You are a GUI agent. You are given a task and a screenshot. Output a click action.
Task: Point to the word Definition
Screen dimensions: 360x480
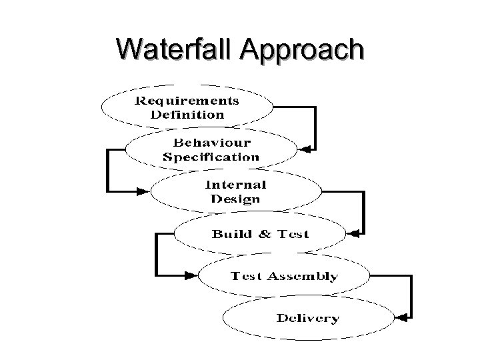(x=187, y=114)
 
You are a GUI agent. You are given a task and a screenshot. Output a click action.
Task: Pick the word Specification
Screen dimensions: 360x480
(x=211, y=157)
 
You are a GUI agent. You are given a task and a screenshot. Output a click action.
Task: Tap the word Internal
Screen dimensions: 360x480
(x=236, y=185)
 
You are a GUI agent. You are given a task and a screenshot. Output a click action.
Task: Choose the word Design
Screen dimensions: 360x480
(x=235, y=199)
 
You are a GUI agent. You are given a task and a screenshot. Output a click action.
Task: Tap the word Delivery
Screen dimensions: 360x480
(x=307, y=318)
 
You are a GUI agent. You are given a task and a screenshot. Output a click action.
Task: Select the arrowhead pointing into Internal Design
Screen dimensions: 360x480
(x=143, y=191)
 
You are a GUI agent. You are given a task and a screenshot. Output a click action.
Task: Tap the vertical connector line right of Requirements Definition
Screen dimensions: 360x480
(x=315, y=127)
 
